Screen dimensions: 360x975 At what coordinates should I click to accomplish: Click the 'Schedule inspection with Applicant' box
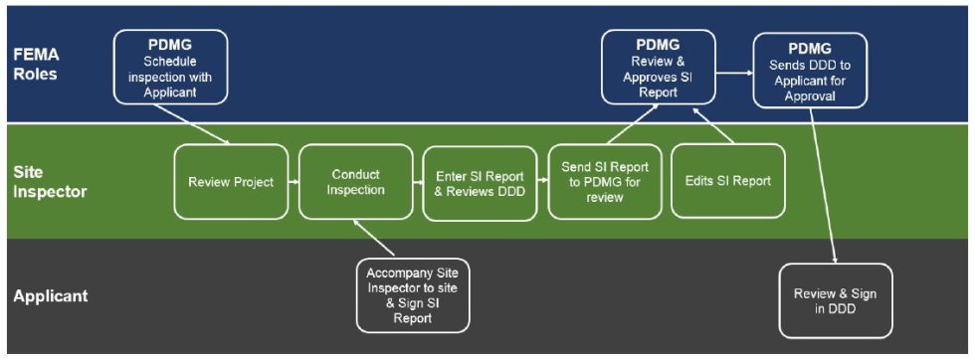click(x=170, y=67)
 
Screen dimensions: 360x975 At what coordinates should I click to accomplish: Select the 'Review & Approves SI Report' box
click(x=657, y=67)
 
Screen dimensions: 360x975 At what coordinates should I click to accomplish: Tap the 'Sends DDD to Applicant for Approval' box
click(x=809, y=70)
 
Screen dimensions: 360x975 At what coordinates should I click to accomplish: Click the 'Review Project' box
click(x=231, y=182)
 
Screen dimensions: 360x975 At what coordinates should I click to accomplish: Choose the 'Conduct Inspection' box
click(x=356, y=182)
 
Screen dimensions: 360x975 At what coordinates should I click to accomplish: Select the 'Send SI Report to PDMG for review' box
click(x=605, y=182)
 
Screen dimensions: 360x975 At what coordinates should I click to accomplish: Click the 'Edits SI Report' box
click(x=727, y=182)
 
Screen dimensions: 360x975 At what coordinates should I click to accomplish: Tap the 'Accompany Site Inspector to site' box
click(x=413, y=295)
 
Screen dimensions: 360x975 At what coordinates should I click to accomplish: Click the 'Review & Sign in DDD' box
click(x=835, y=301)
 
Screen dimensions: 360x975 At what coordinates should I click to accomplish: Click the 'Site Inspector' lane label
click(x=49, y=182)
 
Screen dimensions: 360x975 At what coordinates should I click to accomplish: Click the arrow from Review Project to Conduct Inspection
click(x=293, y=182)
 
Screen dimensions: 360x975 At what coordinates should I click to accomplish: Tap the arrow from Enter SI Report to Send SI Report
click(x=543, y=182)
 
